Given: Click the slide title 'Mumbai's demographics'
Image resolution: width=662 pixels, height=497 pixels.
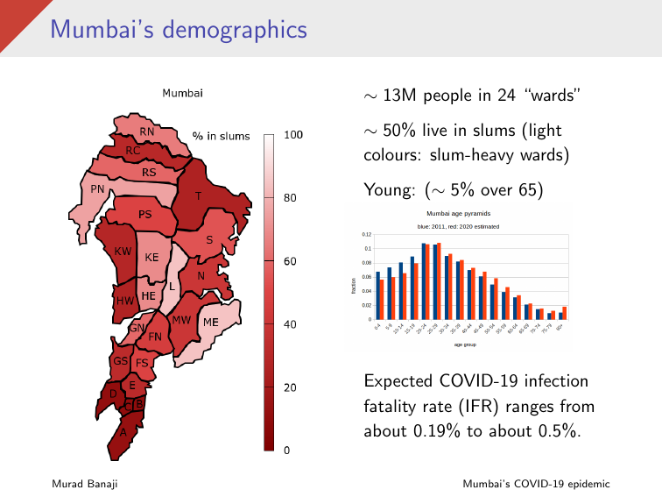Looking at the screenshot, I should [x=179, y=29].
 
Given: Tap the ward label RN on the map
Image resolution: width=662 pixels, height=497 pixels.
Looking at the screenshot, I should [x=147, y=131].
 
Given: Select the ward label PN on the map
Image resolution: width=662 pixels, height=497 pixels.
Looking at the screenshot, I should [x=98, y=188].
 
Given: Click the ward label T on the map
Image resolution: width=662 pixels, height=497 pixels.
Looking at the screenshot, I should [x=198, y=196].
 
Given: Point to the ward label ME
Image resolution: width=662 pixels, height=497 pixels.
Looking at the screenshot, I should [x=211, y=323].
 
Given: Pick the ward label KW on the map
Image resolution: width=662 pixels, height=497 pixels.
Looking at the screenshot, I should [x=123, y=252].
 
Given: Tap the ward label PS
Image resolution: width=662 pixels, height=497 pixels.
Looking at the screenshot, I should [x=145, y=214].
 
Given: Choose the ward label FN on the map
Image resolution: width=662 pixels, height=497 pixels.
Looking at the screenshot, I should [x=154, y=337].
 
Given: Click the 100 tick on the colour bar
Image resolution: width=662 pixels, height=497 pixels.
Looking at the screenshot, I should [x=293, y=135].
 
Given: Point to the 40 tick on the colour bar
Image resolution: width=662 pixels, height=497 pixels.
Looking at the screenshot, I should [x=291, y=324].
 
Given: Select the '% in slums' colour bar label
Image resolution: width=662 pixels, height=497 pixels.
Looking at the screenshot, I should [x=222, y=136].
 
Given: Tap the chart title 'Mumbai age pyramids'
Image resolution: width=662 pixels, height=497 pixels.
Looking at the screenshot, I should [x=458, y=214].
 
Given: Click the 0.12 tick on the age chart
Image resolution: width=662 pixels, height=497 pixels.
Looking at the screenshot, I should [x=366, y=235].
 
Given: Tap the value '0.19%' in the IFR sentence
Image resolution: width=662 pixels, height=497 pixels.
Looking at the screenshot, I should [x=436, y=431].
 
